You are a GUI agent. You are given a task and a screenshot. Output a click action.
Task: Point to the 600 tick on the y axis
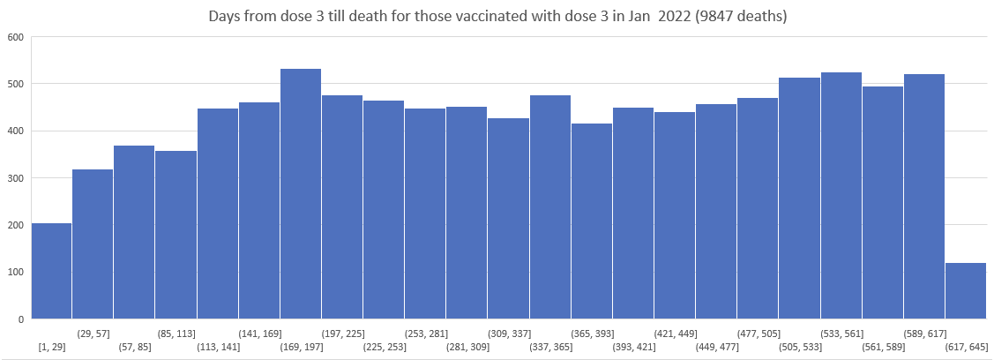pos(14,38)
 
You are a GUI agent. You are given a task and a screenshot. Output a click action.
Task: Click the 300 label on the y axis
pos(14,178)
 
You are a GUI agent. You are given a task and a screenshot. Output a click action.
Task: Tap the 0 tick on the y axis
pos(20,319)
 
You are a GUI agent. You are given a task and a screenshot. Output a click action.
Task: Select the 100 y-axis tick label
pos(14,272)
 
